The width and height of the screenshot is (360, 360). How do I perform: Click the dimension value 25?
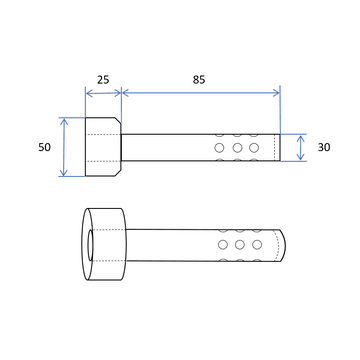[x=103, y=80]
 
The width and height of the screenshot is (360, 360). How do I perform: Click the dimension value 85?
[x=199, y=80]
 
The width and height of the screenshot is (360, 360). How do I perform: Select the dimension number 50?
[x=44, y=147]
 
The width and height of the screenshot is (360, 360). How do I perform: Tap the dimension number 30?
[x=324, y=147]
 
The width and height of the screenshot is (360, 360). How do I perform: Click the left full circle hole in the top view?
[x=219, y=147]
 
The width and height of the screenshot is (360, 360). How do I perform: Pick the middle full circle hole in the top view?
[x=237, y=147]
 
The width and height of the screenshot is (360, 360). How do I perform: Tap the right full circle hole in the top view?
[x=254, y=147]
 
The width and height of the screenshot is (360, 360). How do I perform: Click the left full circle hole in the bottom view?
[x=223, y=245]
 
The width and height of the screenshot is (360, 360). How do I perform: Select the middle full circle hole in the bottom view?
[x=240, y=245]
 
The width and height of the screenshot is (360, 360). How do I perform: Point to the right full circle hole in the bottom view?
[x=257, y=245]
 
